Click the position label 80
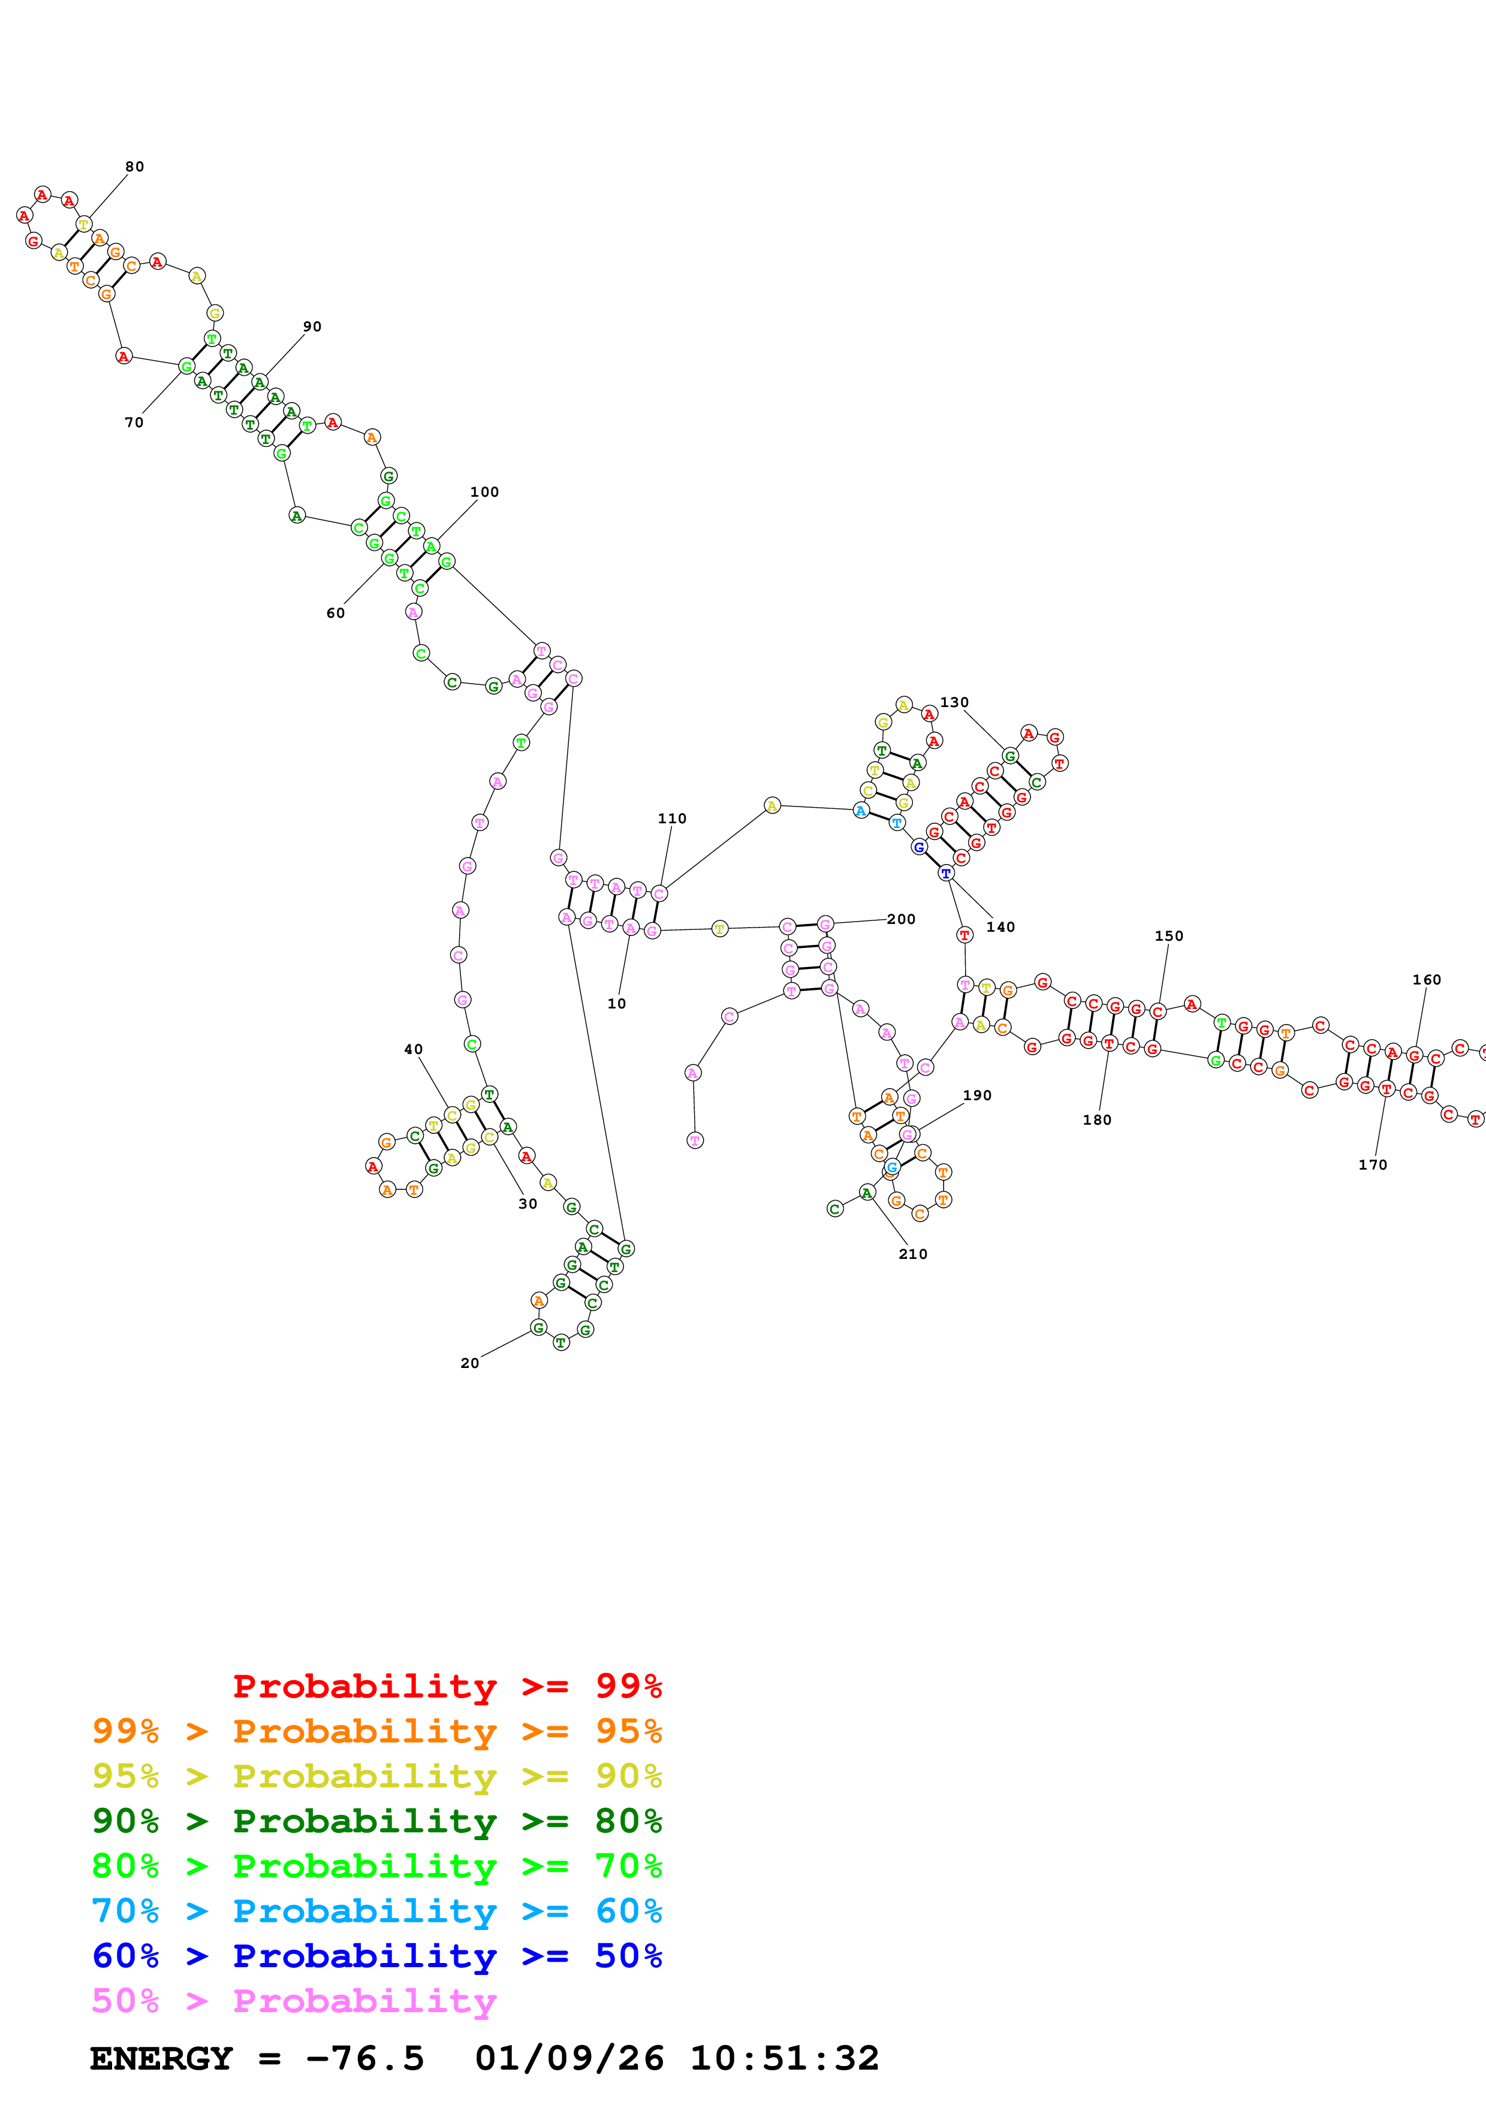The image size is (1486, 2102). point(135,167)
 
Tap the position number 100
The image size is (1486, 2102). point(484,491)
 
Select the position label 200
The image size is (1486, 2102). point(901,919)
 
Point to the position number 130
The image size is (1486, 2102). point(954,702)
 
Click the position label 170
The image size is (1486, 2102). point(1373,1164)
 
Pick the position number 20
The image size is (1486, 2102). point(470,1363)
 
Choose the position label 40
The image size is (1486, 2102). point(414,1049)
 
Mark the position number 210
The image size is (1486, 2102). point(913,1254)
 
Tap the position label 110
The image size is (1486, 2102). point(672,819)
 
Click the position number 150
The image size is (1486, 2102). point(1169,935)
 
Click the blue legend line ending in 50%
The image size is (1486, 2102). point(376,1956)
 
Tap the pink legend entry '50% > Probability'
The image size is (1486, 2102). point(294,2000)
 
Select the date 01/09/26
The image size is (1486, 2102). point(569,2058)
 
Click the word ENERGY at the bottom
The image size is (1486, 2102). point(161,2058)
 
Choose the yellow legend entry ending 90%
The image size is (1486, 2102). point(376,1776)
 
